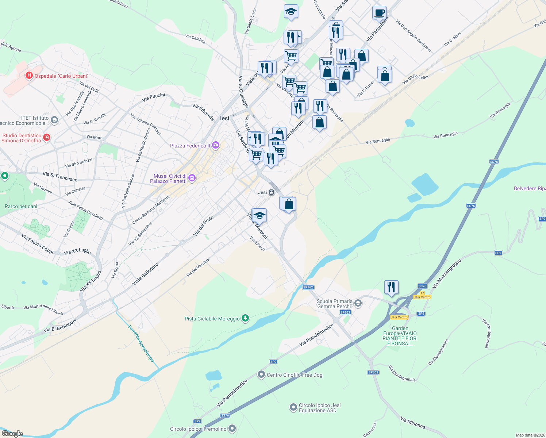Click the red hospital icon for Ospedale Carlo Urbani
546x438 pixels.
coord(29,76)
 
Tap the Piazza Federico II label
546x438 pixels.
coord(190,146)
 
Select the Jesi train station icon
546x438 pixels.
coord(271,192)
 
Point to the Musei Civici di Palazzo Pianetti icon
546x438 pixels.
coord(192,178)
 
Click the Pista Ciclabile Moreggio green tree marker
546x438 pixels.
coord(246,319)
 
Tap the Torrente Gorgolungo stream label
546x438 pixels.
coord(141,343)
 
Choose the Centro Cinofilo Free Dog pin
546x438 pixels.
coord(261,374)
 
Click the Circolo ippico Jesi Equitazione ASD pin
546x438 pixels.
coord(293,407)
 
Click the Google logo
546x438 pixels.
coord(12,433)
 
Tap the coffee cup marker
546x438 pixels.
coord(379,12)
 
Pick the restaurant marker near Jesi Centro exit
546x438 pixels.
coord(391,287)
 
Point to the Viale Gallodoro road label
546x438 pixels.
coord(145,274)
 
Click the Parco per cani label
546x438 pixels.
coord(21,206)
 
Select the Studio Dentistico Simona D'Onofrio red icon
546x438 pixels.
coord(46,138)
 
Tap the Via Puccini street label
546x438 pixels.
coord(154,97)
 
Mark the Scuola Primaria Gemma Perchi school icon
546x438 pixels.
coord(358,303)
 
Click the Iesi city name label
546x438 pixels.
coord(225,118)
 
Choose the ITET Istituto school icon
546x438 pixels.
coord(54,120)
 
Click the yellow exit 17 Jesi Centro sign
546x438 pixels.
coord(422,295)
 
